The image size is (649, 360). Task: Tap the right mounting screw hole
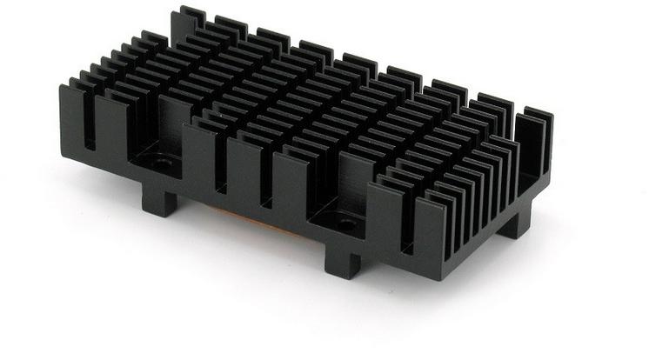[x=349, y=223]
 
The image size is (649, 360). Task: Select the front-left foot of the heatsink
[x=160, y=202]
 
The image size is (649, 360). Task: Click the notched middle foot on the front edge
[x=343, y=260]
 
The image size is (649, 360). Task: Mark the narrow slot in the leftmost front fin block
[x=89, y=122]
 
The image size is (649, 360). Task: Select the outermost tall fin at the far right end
[x=539, y=157]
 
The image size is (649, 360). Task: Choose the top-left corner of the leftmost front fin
[x=63, y=85]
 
